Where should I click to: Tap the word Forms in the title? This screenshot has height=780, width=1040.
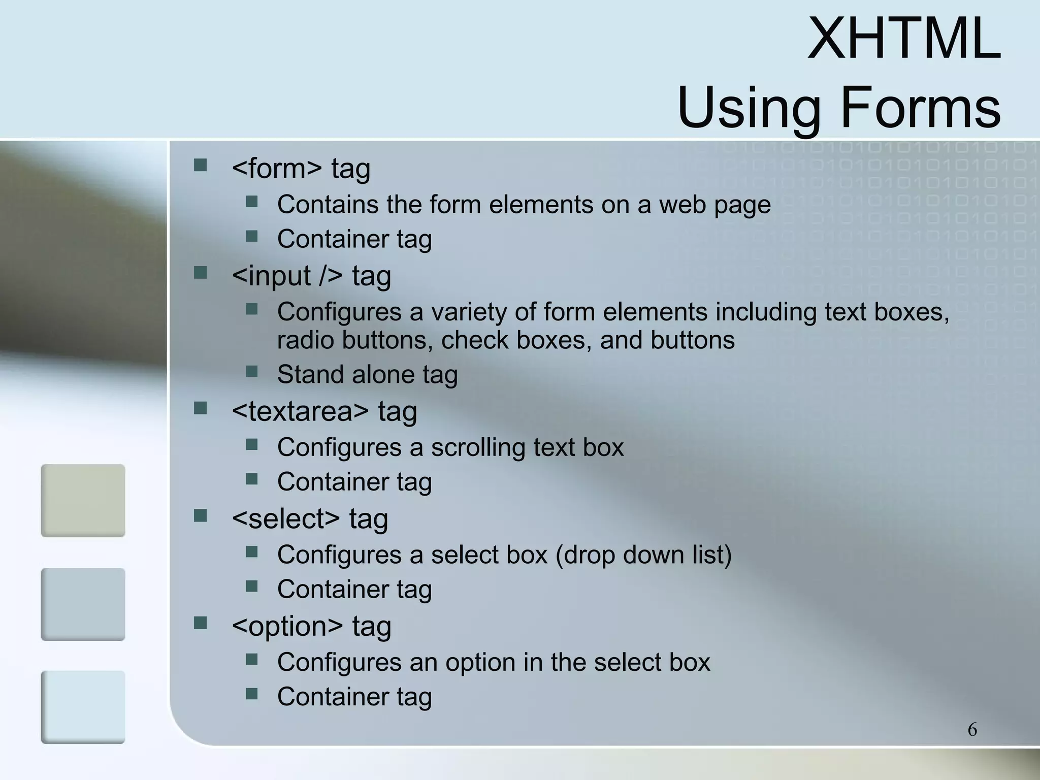tap(921, 108)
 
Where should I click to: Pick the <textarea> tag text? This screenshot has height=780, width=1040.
tap(324, 411)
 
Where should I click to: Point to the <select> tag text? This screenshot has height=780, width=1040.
tap(310, 518)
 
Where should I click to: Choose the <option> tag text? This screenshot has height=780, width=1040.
tap(311, 626)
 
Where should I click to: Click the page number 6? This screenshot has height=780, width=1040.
tap(972, 730)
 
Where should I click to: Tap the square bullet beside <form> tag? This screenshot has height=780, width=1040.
tap(201, 165)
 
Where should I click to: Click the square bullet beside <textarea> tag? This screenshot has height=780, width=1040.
tap(201, 408)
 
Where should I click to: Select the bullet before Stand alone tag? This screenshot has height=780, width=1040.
tap(252, 371)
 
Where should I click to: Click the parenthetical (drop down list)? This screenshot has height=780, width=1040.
tap(643, 555)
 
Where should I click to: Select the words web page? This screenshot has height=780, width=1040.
tap(714, 205)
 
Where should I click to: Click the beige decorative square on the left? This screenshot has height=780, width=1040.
tap(83, 500)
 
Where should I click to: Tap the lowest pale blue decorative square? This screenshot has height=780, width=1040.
tap(83, 707)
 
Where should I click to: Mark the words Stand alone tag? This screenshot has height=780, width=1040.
tap(367, 375)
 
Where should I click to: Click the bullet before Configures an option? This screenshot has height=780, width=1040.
tap(252, 659)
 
